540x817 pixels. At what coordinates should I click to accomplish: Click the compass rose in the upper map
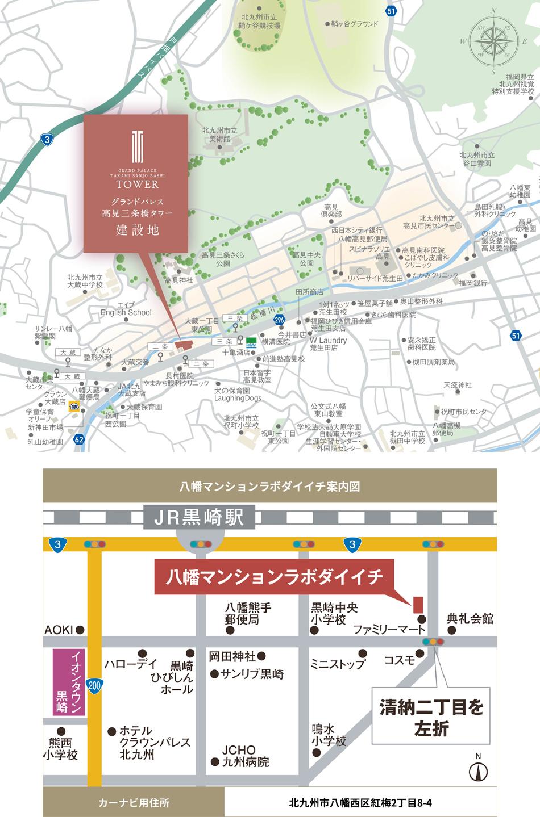pyautogui.click(x=494, y=41)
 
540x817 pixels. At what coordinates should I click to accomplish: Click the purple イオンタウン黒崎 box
pyautogui.click(x=69, y=683)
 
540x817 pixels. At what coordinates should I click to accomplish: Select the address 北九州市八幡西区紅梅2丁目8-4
pyautogui.click(x=360, y=803)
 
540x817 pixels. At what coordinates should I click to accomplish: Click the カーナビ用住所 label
pyautogui.click(x=134, y=803)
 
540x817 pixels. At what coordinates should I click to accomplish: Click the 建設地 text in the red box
pyautogui.click(x=138, y=230)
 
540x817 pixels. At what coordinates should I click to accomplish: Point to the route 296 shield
pyautogui.click(x=279, y=320)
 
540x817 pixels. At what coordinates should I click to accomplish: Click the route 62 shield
pyautogui.click(x=79, y=439)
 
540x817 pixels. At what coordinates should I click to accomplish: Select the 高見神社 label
pyautogui.click(x=178, y=280)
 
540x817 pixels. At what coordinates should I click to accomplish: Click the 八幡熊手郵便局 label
pyautogui.click(x=248, y=613)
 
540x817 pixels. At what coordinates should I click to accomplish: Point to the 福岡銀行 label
pyautogui.click(x=473, y=282)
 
